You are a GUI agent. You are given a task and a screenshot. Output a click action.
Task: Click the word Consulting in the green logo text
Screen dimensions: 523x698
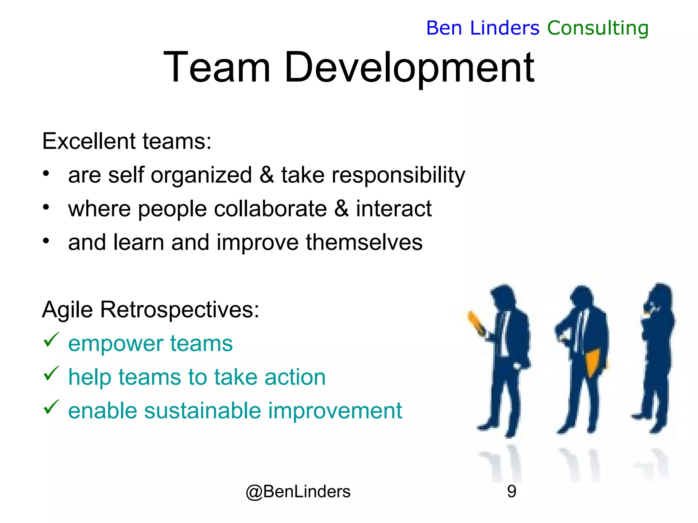[598, 28]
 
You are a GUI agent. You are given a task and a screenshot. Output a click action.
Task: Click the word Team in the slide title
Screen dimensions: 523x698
[217, 67]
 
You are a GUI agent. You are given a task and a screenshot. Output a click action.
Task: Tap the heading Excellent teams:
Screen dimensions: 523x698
[127, 141]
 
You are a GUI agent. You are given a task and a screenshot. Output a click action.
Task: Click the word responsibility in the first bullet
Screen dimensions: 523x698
[398, 176]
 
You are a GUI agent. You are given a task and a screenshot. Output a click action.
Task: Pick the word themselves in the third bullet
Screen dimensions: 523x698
[364, 242]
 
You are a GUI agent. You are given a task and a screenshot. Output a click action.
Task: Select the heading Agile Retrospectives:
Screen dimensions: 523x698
[151, 310]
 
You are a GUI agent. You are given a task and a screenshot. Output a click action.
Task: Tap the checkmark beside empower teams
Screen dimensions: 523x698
[51, 339]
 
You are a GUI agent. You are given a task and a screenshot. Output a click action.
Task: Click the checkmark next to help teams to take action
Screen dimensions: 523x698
[51, 373]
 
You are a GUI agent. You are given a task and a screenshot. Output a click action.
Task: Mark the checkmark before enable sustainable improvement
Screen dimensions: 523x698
[51, 407]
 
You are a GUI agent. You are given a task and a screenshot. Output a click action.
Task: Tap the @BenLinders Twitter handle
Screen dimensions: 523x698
[298, 491]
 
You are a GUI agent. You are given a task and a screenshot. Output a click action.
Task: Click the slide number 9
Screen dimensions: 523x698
[511, 491]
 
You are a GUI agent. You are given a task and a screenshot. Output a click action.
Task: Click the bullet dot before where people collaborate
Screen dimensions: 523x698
[46, 207]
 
